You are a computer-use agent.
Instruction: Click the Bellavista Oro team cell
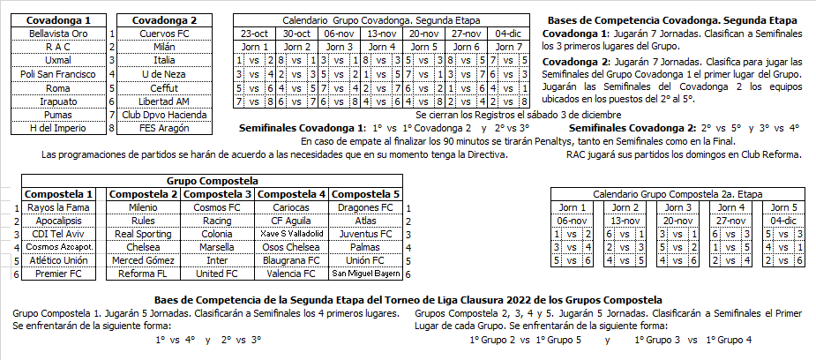pyautogui.click(x=58, y=33)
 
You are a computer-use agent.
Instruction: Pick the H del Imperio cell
pyautogui.click(x=58, y=128)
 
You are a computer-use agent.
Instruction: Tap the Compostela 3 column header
pyautogui.click(x=217, y=194)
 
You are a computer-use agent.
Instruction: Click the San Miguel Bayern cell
pyautogui.click(x=365, y=274)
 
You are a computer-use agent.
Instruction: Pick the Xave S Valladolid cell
pyautogui.click(x=292, y=234)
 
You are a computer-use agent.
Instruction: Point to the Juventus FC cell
pyautogui.click(x=365, y=234)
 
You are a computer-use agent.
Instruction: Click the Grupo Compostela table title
pyautogui.click(x=212, y=180)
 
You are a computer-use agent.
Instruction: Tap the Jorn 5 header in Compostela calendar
pyautogui.click(x=783, y=207)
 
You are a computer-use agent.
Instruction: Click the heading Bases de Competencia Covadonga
pyautogui.click(x=672, y=19)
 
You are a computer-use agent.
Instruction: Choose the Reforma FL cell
pyautogui.click(x=143, y=274)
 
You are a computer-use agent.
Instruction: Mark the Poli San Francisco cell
pyautogui.click(x=58, y=74)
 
